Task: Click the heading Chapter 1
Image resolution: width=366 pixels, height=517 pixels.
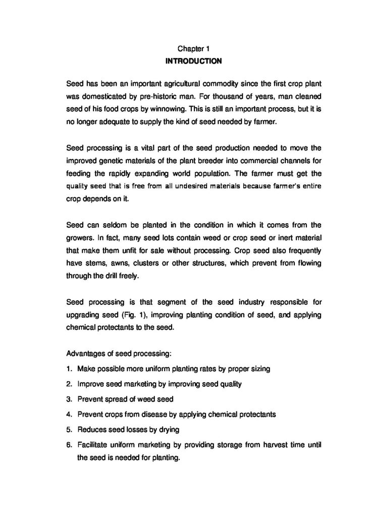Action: [193, 49]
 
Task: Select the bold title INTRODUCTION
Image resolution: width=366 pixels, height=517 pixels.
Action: [193, 62]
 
